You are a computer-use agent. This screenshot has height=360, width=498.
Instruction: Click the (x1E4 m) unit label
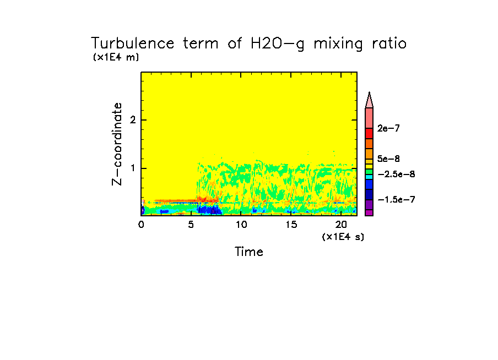point(116,57)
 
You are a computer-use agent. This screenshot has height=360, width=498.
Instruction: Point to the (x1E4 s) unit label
point(343,237)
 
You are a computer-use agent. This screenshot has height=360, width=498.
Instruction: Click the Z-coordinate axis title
point(117,143)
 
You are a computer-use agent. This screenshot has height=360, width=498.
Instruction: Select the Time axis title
point(249,252)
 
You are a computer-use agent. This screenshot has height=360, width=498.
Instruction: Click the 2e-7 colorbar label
point(389,128)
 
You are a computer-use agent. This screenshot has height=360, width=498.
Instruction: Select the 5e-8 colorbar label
point(389,159)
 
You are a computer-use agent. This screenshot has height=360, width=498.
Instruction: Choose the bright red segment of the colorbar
point(369,133)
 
